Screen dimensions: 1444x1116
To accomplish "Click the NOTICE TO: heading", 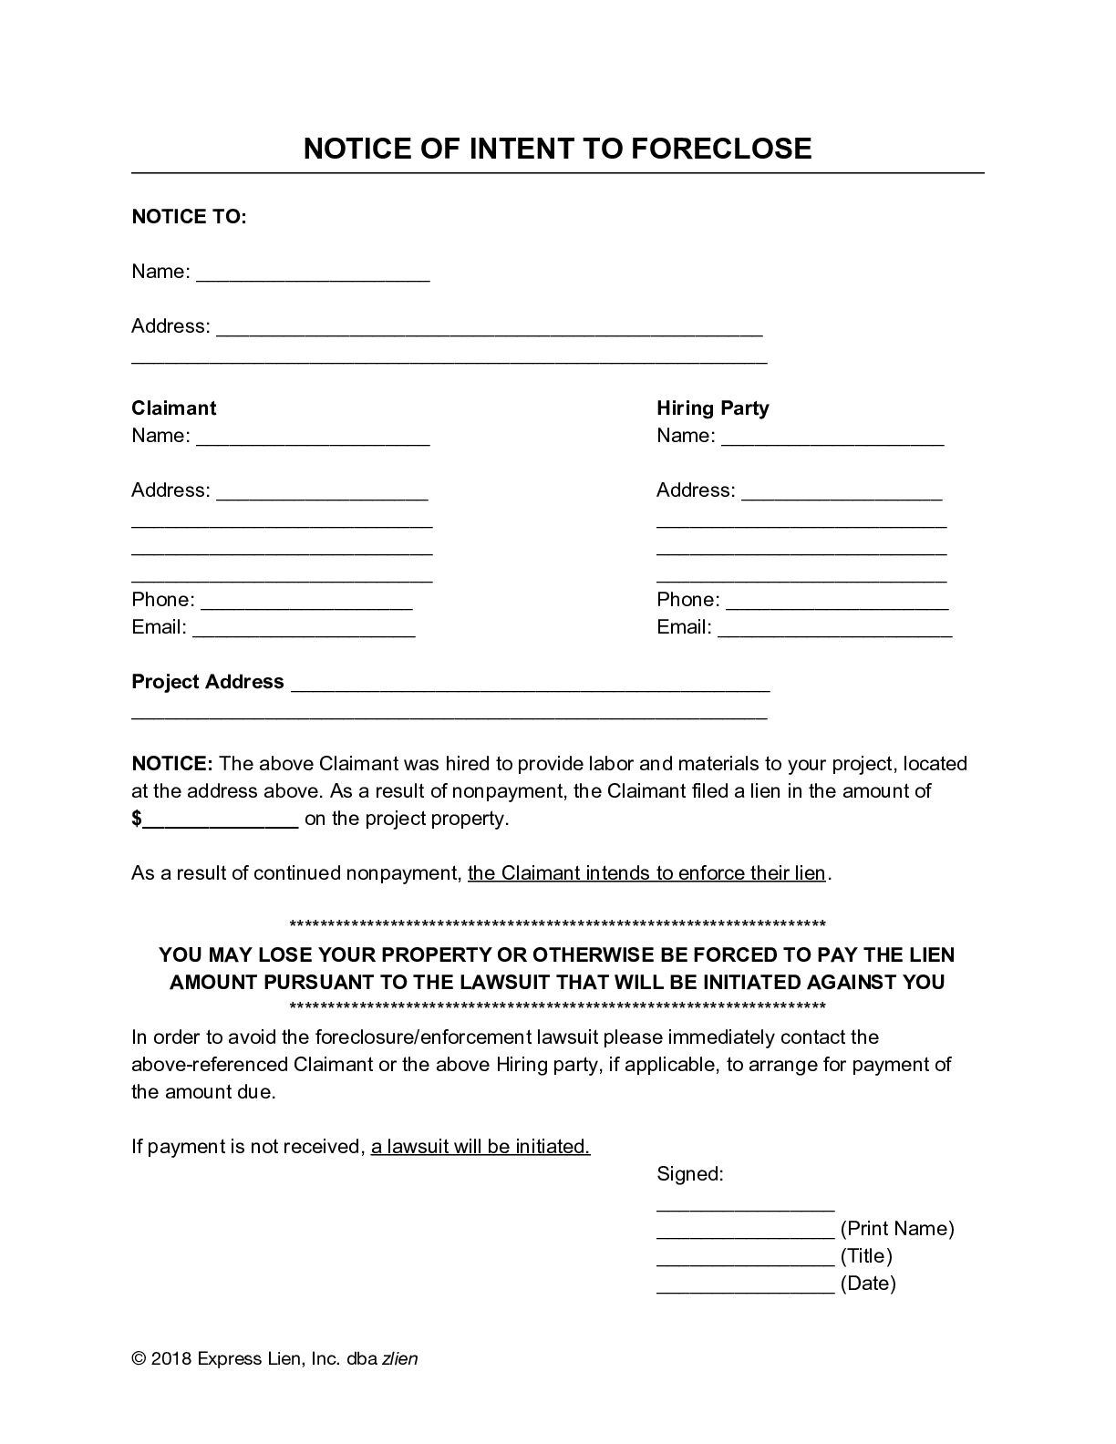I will (189, 217).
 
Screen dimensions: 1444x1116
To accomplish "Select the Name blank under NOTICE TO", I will (313, 274).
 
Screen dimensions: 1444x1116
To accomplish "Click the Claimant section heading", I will (174, 408).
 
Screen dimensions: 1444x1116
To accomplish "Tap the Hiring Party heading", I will (712, 408).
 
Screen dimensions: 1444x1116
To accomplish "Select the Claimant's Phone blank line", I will (306, 603).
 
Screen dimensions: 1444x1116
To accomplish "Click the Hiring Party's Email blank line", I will (834, 630).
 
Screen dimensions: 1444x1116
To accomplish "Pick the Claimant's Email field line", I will (304, 630).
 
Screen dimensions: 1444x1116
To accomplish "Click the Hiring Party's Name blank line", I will (832, 438).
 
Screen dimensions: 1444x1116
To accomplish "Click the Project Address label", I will (208, 682).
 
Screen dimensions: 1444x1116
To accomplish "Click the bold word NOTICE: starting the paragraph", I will (172, 764).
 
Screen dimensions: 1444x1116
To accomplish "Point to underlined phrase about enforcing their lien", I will (646, 873).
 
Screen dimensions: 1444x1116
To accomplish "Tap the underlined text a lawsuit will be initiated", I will (480, 1147).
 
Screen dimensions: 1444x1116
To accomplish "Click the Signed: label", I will (689, 1174).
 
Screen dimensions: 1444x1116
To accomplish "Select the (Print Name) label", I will (896, 1229).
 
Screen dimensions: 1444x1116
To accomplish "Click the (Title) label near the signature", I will (865, 1256).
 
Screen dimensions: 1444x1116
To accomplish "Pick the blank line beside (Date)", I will (745, 1286).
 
